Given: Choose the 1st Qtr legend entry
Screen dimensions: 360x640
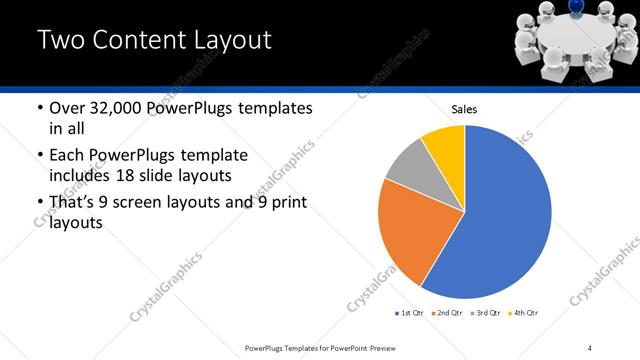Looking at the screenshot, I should [x=411, y=313].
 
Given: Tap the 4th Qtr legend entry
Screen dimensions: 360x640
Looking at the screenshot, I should [x=525, y=313].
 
